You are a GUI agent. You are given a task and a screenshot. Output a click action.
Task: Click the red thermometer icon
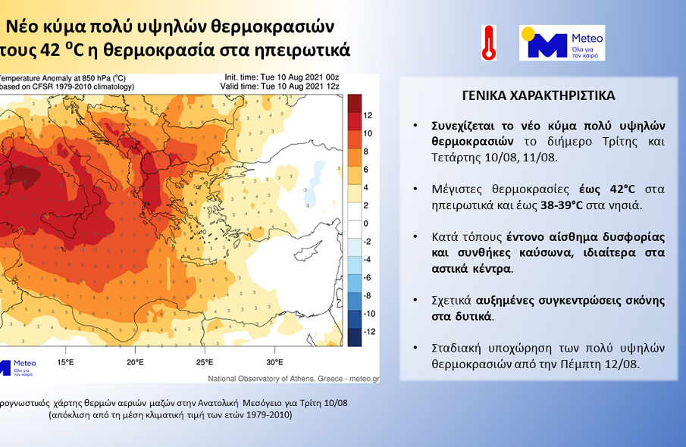[488, 42]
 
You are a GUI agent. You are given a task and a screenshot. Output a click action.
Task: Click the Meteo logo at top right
[562, 42]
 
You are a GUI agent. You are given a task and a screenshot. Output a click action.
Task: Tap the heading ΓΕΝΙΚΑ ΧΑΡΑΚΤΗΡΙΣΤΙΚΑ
[538, 96]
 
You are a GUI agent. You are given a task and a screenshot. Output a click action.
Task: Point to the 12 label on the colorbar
[368, 115]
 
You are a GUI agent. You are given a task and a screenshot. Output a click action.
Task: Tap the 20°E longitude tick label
[135, 361]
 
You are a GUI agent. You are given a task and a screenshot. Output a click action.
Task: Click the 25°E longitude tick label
[205, 361]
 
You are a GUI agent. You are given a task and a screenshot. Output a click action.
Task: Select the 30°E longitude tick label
[274, 361]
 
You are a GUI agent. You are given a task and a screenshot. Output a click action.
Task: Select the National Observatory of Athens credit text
[293, 378]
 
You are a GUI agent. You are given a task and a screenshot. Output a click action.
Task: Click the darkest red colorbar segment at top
[354, 102]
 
